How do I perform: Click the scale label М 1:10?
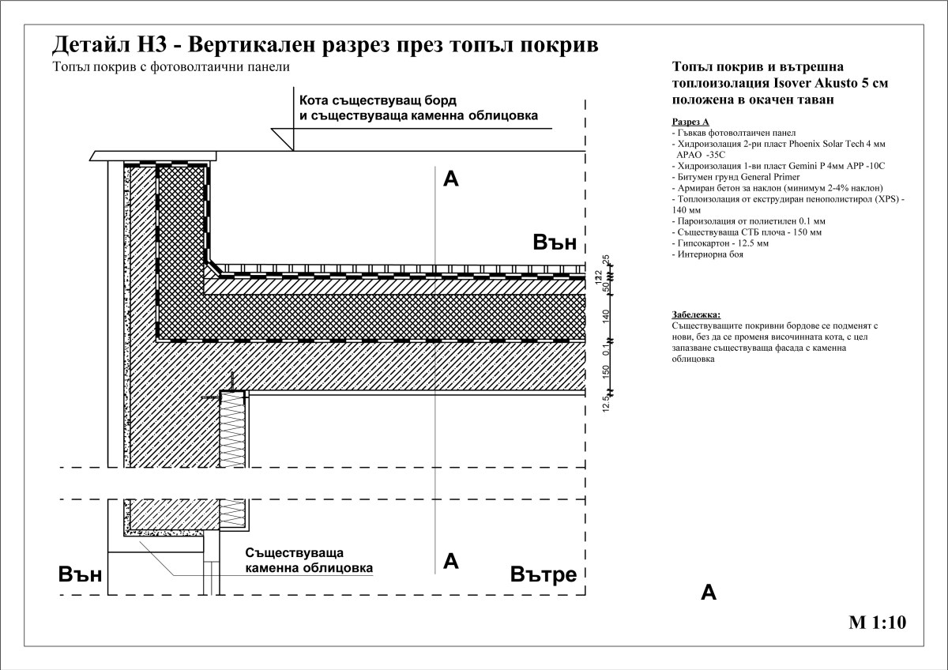pyautogui.click(x=876, y=623)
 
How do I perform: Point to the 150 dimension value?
pyautogui.click(x=607, y=371)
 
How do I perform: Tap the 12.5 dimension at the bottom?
pyautogui.click(x=607, y=404)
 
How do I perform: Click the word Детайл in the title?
pyautogui.click(x=88, y=44)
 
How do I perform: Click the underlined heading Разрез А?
pyautogui.click(x=690, y=122)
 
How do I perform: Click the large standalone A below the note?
pyautogui.click(x=709, y=593)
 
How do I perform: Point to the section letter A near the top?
pyautogui.click(x=451, y=179)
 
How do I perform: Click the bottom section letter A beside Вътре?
pyautogui.click(x=451, y=561)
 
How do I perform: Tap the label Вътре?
pyautogui.click(x=544, y=574)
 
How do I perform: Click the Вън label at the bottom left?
pyautogui.click(x=81, y=574)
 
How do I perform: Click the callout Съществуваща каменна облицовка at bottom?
pyautogui.click(x=308, y=559)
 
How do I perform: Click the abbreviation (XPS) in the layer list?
pyautogui.click(x=886, y=200)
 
